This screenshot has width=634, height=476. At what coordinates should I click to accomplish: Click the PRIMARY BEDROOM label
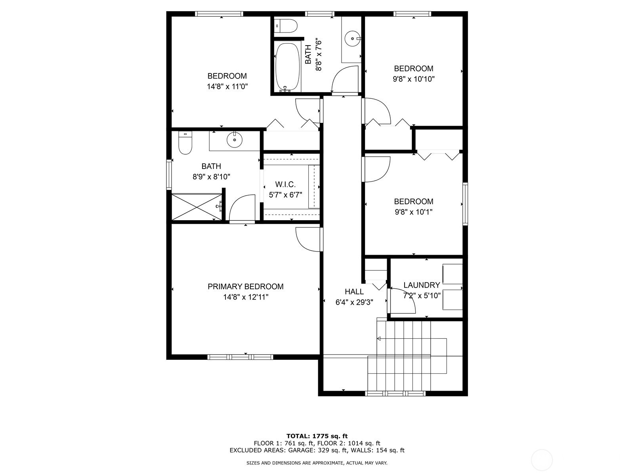246,286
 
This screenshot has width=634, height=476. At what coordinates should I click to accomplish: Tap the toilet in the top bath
285,26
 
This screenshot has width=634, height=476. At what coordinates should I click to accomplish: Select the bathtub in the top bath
287,67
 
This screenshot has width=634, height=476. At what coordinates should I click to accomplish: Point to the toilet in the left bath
185,143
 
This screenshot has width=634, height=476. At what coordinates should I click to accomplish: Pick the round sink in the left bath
234,140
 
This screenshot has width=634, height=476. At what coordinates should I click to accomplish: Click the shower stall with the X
197,207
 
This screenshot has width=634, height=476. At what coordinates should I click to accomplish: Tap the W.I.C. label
285,184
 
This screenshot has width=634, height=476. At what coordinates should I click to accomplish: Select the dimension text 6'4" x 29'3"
354,302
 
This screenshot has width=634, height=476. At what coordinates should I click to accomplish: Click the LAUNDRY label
422,285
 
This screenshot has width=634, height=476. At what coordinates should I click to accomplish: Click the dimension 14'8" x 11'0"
227,86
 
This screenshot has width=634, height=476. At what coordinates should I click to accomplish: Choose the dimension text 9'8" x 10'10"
414,79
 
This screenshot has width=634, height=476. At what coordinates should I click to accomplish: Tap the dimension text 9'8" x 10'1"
414,212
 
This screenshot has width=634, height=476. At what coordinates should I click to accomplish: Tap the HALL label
354,292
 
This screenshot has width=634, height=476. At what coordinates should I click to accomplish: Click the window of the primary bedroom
240,357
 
